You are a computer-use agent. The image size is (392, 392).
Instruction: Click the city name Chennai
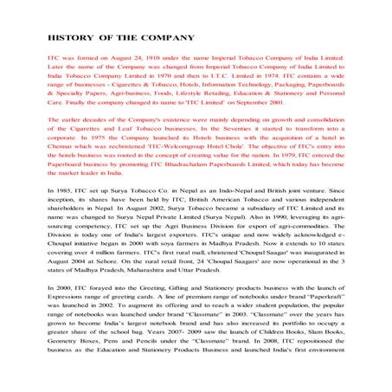pos(62,172)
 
